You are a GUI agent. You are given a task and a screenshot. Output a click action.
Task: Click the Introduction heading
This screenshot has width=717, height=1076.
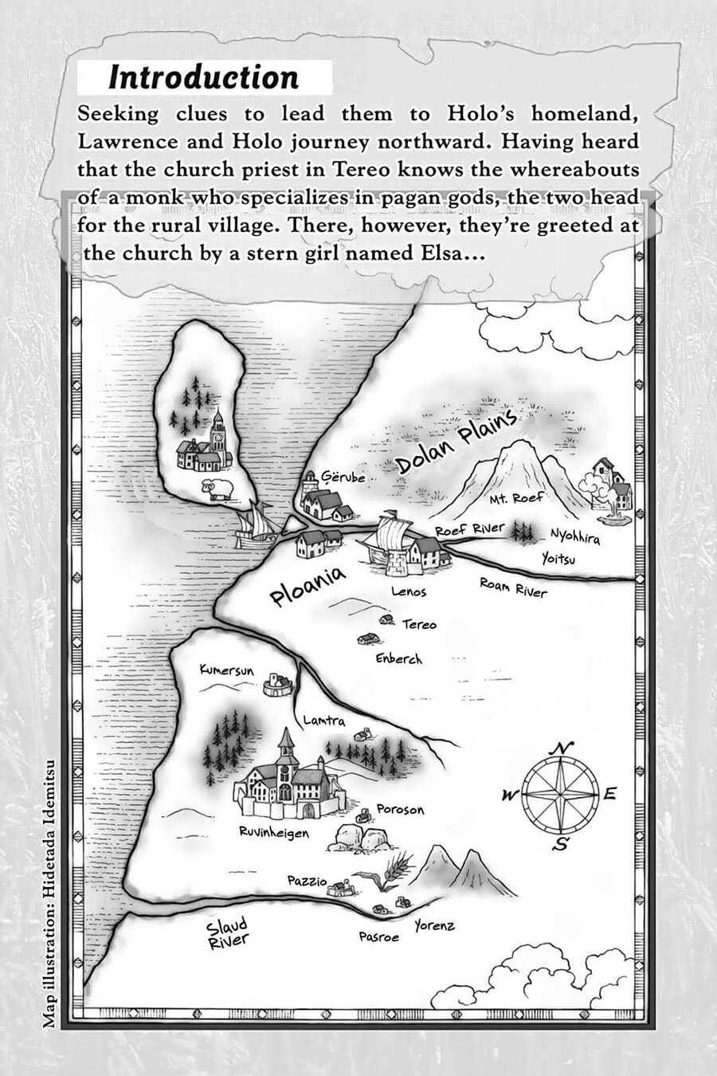(x=204, y=77)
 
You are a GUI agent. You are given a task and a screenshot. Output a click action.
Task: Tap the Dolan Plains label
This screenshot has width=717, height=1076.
(x=456, y=443)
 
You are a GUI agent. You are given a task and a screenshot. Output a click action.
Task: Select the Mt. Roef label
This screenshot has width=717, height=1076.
(x=516, y=498)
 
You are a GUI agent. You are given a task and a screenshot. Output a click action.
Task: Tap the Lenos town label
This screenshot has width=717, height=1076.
(x=409, y=591)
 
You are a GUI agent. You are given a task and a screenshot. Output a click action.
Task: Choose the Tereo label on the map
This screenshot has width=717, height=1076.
(x=419, y=624)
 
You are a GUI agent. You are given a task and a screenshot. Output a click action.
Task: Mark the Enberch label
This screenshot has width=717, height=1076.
(x=398, y=658)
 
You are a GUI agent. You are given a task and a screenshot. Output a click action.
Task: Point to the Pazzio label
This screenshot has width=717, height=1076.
(x=307, y=881)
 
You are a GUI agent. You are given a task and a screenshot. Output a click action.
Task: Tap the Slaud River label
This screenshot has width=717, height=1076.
(x=228, y=933)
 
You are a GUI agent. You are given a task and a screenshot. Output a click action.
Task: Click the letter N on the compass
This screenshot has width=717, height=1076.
(x=563, y=748)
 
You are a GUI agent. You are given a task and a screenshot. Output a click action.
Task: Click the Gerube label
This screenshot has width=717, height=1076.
(x=343, y=477)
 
